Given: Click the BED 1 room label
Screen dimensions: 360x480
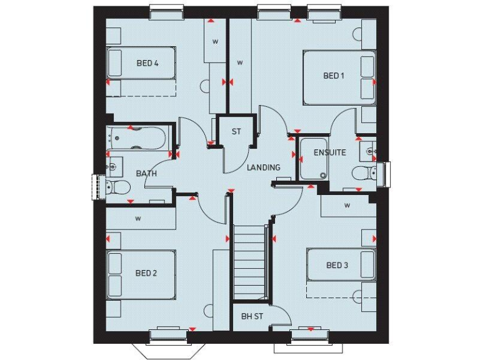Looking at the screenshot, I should [x=334, y=76].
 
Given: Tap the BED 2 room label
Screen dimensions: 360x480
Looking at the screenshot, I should [x=146, y=272].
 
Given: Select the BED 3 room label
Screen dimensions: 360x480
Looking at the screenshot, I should [x=337, y=265].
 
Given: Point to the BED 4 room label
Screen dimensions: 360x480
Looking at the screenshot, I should [x=147, y=63].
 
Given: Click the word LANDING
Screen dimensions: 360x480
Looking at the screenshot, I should [x=263, y=167].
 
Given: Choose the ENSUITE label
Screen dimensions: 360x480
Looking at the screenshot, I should [x=329, y=152].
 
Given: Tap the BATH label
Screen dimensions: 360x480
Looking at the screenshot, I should [x=146, y=173].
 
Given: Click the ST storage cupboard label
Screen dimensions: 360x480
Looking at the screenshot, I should [x=236, y=132].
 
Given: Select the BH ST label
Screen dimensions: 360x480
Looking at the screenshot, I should [x=252, y=316].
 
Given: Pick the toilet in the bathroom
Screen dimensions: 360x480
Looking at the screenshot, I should [x=117, y=186].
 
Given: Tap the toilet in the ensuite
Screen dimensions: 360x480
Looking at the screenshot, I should [x=363, y=172].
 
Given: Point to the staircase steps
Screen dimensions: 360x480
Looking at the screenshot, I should [x=249, y=262].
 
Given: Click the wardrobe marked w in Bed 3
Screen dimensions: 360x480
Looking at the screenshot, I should [x=347, y=205].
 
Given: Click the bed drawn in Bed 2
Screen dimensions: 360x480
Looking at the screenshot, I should [x=140, y=276].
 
